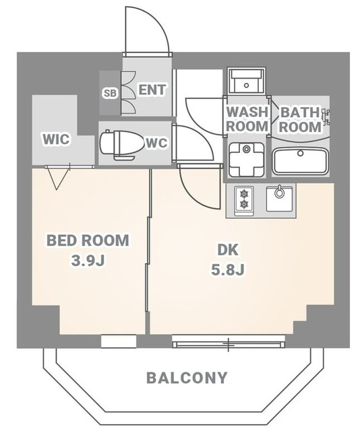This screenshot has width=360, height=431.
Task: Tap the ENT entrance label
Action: click(152, 89)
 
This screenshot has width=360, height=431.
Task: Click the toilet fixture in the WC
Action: click(118, 144)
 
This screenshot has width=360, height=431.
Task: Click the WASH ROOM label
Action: click(246, 119)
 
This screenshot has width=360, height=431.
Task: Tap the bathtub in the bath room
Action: click(300, 162)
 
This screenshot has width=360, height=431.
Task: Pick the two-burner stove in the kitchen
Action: click(243, 199)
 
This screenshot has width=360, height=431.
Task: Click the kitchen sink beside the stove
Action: click(279, 199)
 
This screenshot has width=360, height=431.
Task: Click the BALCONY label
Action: click(187, 378)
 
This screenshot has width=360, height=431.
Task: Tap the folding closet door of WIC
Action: click(57, 177)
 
